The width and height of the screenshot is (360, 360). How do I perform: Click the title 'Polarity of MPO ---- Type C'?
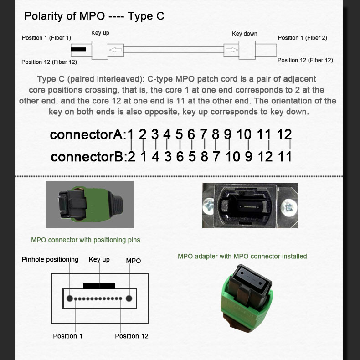(x=94, y=16)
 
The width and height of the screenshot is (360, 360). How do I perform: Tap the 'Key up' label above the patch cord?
(x=100, y=33)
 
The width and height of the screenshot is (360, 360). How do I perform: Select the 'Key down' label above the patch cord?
(x=245, y=34)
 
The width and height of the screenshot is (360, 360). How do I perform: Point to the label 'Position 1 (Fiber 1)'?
(x=46, y=38)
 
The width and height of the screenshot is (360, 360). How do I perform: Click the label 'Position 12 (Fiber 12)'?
(x=49, y=62)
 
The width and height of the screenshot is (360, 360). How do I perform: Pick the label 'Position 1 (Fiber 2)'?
(x=303, y=38)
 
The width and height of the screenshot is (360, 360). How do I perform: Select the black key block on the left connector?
(x=78, y=49)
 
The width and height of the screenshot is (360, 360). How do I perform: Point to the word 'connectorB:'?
(x=87, y=157)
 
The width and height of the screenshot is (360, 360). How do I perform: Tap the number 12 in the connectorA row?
(x=284, y=134)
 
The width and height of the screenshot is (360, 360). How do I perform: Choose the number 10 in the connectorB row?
(x=232, y=157)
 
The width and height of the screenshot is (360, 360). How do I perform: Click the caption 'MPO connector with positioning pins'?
(x=86, y=240)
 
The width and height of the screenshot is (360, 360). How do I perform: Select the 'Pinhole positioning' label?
(x=50, y=260)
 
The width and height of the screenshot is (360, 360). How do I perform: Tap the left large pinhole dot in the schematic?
(x=70, y=299)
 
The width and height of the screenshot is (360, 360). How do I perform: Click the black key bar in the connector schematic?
(x=99, y=285)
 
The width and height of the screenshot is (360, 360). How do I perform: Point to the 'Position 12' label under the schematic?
(x=131, y=336)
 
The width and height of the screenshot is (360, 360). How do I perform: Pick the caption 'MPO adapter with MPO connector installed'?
(x=242, y=257)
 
